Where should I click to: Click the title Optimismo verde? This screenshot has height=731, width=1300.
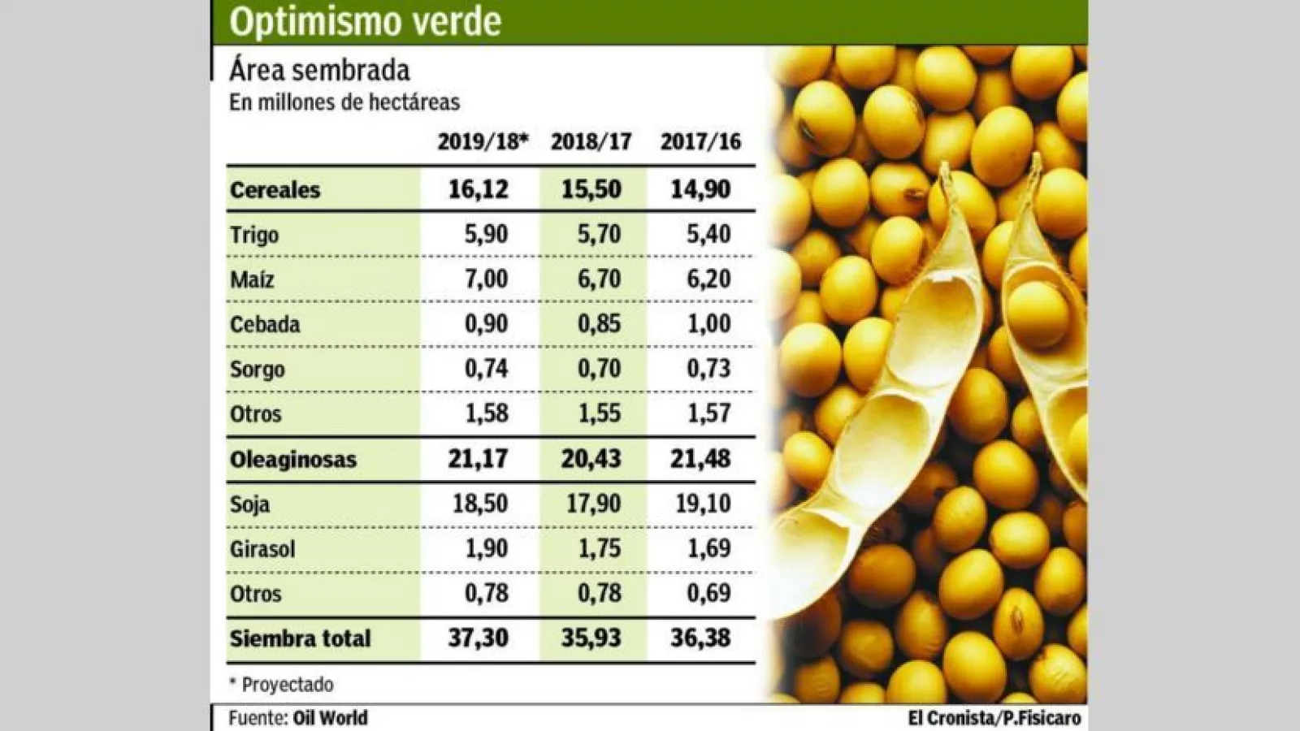pyautogui.click(x=365, y=22)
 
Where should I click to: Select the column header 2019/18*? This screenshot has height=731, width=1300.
pyautogui.click(x=483, y=142)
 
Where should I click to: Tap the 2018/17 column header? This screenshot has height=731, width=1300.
pyautogui.click(x=591, y=142)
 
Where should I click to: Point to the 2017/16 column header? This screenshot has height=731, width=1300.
pyautogui.click(x=700, y=142)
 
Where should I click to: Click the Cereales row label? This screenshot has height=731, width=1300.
pyautogui.click(x=275, y=190)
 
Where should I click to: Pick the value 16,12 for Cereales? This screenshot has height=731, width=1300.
pyautogui.click(x=479, y=189)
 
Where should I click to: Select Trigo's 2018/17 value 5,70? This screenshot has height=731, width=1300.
pyautogui.click(x=599, y=235)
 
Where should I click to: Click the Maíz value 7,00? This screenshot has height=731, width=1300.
pyautogui.click(x=486, y=279)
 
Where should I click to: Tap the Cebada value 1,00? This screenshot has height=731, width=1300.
pyautogui.click(x=708, y=324)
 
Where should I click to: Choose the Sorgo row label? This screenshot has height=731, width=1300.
pyautogui.click(x=257, y=370)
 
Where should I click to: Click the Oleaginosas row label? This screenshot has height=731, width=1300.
pyautogui.click(x=292, y=460)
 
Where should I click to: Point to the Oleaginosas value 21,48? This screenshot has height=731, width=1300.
pyautogui.click(x=700, y=459)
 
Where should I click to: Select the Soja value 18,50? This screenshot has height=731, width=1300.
pyautogui.click(x=480, y=504)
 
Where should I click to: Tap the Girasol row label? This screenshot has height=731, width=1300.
pyautogui.click(x=262, y=549)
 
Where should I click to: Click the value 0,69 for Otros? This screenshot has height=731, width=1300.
pyautogui.click(x=708, y=594)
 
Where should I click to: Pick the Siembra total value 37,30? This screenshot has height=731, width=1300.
pyautogui.click(x=479, y=638)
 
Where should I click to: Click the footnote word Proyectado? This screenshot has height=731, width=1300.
pyautogui.click(x=288, y=685)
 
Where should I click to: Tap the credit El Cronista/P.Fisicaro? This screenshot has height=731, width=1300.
pyautogui.click(x=994, y=718)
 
